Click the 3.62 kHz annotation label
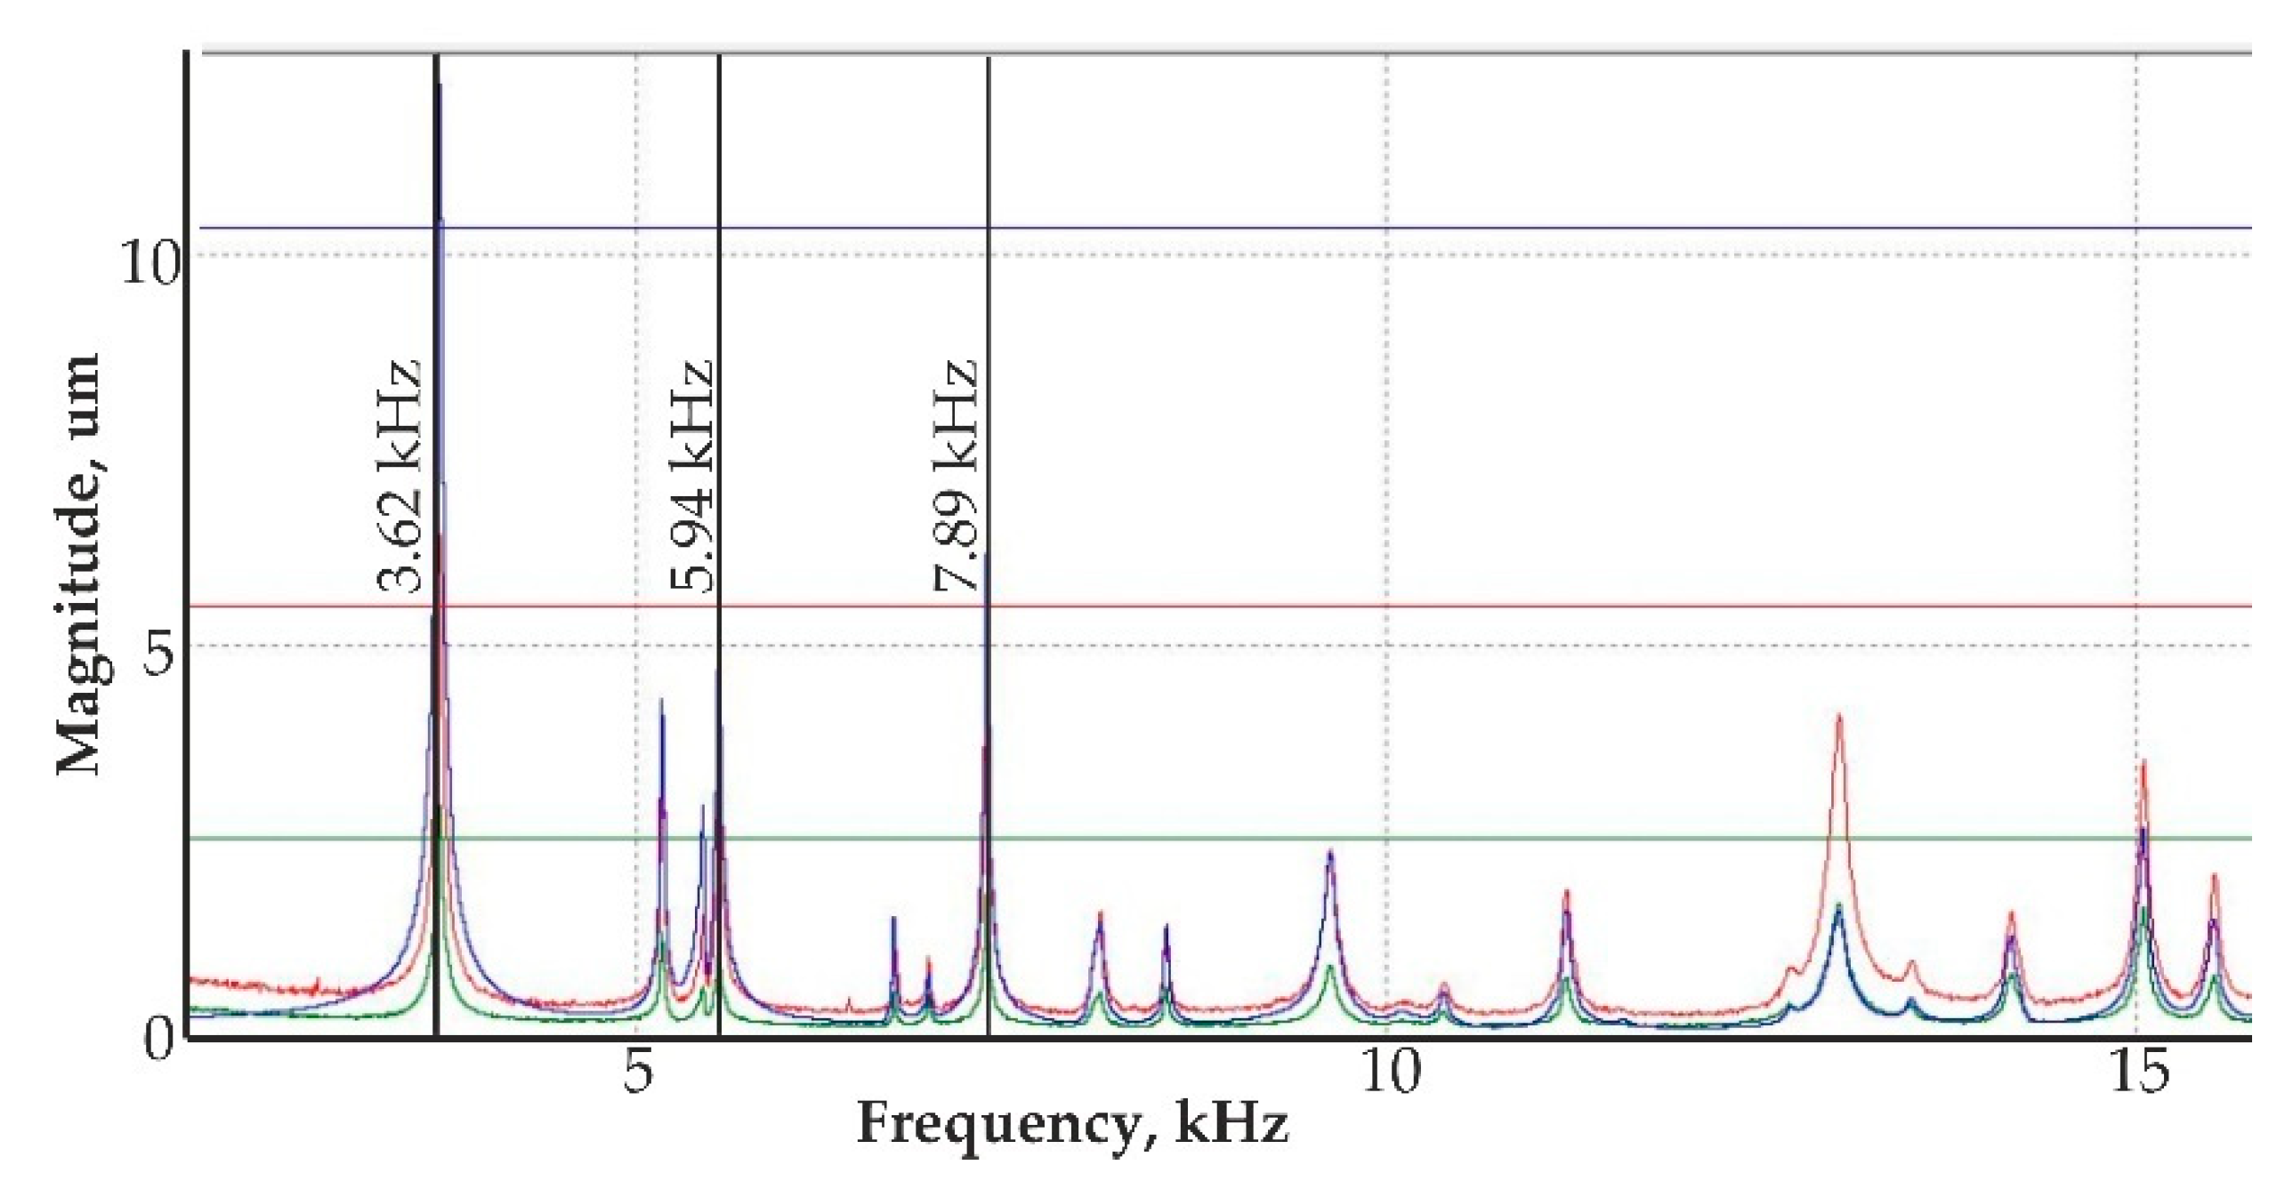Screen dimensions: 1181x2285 click(x=398, y=477)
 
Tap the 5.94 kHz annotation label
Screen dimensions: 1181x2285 click(x=692, y=477)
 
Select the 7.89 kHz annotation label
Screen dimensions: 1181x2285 click(x=957, y=477)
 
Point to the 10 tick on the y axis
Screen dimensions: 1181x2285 click(x=149, y=263)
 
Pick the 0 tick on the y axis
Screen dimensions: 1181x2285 click(x=158, y=1039)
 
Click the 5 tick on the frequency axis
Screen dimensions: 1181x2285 click(x=637, y=1073)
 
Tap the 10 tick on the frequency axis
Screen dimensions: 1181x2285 click(x=1389, y=1073)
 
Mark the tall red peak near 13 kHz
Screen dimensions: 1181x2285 click(x=1838, y=717)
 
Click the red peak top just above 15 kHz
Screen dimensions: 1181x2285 click(x=2144, y=763)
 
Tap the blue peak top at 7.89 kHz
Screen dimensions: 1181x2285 click(x=986, y=555)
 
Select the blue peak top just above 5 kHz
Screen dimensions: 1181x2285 click(x=661, y=701)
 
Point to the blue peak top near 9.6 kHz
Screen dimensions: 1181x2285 click(x=1330, y=852)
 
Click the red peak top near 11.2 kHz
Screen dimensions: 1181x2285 click(x=1567, y=892)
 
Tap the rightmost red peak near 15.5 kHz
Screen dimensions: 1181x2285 click(x=2215, y=877)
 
